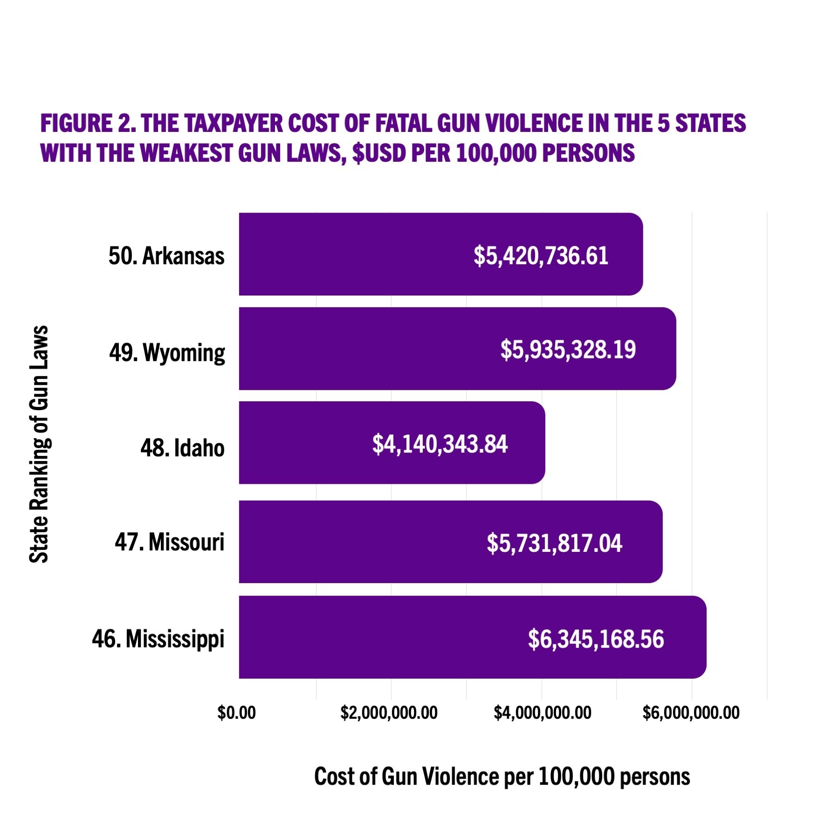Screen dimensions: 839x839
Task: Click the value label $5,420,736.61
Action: coord(541,256)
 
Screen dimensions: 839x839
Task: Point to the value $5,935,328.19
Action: coord(568,350)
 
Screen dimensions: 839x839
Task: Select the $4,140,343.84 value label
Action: coord(440,444)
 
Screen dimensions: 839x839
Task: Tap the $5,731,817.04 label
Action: coord(554,543)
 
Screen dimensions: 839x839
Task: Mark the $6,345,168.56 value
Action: coord(596,639)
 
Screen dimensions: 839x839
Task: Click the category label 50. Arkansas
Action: coord(166,256)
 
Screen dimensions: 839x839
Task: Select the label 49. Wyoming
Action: coord(167,352)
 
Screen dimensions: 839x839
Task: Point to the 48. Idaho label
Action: coord(182,448)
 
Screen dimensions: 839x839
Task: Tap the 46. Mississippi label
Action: coord(158,639)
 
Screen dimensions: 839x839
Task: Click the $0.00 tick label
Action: coord(236,713)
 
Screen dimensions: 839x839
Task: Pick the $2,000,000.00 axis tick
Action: coord(389,713)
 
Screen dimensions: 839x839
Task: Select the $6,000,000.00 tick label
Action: coord(691,713)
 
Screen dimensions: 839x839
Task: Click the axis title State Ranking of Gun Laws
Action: coord(39,444)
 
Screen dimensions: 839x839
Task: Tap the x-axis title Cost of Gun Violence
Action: coord(502,777)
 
